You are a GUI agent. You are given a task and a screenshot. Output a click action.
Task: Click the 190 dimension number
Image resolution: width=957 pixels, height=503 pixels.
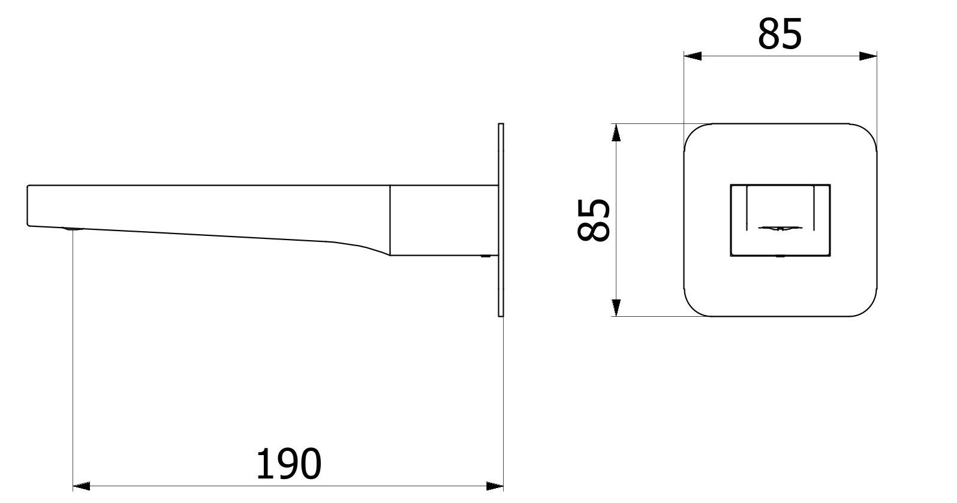click(x=288, y=463)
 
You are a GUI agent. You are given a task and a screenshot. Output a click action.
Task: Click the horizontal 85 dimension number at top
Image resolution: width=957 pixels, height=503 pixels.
click(x=780, y=34)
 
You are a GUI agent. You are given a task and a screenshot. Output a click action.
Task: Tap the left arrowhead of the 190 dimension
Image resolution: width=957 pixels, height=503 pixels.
click(x=80, y=486)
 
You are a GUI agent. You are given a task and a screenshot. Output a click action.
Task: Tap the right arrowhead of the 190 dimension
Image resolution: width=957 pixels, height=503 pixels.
click(x=495, y=486)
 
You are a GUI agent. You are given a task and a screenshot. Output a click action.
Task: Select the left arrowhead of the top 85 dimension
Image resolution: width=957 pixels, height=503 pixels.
click(x=693, y=56)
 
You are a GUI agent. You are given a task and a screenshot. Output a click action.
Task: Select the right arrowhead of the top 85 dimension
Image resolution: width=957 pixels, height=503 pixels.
click(x=868, y=56)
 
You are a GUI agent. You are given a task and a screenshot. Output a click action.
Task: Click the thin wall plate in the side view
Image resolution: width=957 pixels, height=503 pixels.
click(x=501, y=220)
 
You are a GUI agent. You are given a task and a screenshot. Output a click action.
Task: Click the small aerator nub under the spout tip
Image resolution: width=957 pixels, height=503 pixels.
click(x=72, y=229)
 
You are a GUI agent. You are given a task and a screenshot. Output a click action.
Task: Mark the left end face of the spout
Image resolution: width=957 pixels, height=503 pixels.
click(x=28, y=205)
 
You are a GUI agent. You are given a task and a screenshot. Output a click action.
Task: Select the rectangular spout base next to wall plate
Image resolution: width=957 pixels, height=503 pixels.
click(x=444, y=220)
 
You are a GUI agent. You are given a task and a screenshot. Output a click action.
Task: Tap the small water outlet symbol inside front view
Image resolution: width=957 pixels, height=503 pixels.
click(x=780, y=228)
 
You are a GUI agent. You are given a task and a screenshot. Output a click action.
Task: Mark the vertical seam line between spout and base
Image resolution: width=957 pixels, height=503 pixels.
click(x=390, y=220)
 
